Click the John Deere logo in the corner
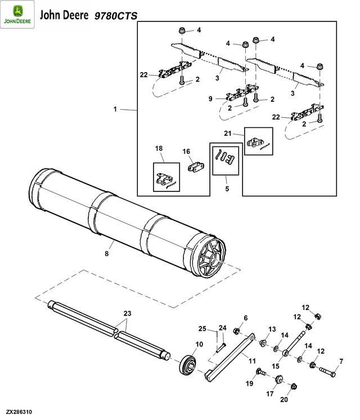point(19,15)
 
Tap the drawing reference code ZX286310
point(20,413)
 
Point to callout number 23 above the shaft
point(127,313)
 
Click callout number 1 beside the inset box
point(115,109)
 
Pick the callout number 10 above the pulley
point(199,344)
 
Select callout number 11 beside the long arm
point(252,360)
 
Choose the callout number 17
point(269,394)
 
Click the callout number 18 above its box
point(159,148)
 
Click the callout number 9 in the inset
point(210,99)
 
